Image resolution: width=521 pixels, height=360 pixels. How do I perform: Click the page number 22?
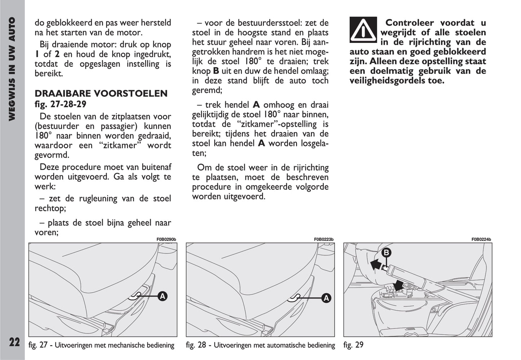pyautogui.click(x=14, y=342)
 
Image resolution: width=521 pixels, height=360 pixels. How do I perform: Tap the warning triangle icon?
pyautogui.click(x=363, y=30)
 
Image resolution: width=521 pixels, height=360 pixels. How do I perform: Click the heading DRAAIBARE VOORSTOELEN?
pyautogui.click(x=101, y=93)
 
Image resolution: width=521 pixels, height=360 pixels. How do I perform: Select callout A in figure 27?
pyautogui.click(x=163, y=297)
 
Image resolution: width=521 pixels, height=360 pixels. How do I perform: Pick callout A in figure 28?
pyautogui.click(x=326, y=298)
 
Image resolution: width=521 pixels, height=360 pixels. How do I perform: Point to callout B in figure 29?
pyautogui.click(x=386, y=253)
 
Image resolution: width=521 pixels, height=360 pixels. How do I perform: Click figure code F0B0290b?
pyautogui.click(x=166, y=240)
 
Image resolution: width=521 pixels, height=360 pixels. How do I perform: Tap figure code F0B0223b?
pyautogui.click(x=324, y=240)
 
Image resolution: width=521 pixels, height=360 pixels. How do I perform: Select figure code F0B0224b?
pyautogui.click(x=481, y=240)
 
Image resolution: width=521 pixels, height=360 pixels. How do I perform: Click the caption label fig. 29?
pyautogui.click(x=353, y=345)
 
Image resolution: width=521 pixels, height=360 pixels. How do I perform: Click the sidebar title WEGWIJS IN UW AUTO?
pyautogui.click(x=12, y=69)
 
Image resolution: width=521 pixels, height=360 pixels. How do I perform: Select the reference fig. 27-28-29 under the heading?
pyautogui.click(x=60, y=104)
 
